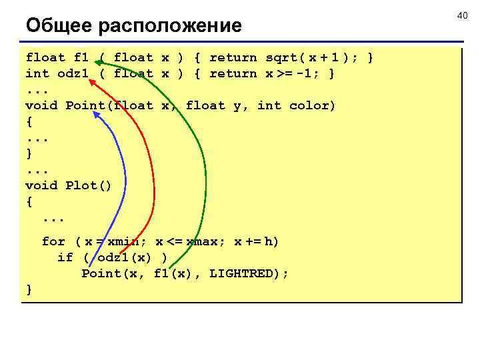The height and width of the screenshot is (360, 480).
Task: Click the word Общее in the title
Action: click(x=59, y=26)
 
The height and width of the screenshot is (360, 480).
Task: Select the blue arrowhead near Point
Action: click(x=97, y=115)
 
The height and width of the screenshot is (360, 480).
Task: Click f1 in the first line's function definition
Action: click(x=81, y=57)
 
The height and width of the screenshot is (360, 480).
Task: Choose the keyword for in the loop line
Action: click(x=53, y=241)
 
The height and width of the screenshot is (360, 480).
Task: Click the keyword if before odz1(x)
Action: click(x=65, y=257)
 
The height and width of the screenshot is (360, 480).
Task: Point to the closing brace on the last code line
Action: click(x=29, y=289)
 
